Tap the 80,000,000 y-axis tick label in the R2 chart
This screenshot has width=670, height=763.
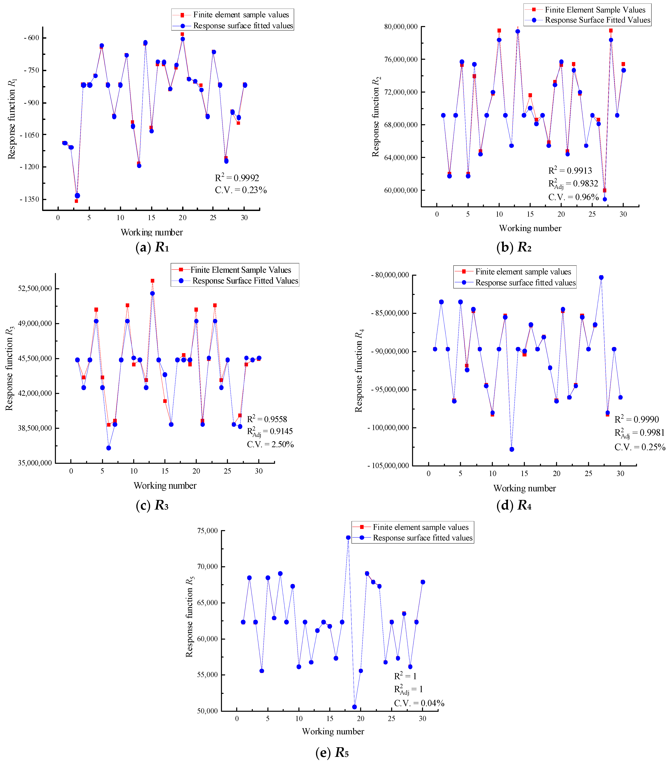click(x=400, y=27)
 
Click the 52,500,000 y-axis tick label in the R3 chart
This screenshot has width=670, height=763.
click(x=35, y=289)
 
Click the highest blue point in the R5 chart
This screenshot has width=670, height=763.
click(x=348, y=538)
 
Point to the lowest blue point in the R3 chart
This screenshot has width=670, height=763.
click(x=109, y=448)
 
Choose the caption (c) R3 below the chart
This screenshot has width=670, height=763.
click(x=152, y=505)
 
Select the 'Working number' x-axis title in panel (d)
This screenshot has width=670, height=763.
click(x=524, y=488)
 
